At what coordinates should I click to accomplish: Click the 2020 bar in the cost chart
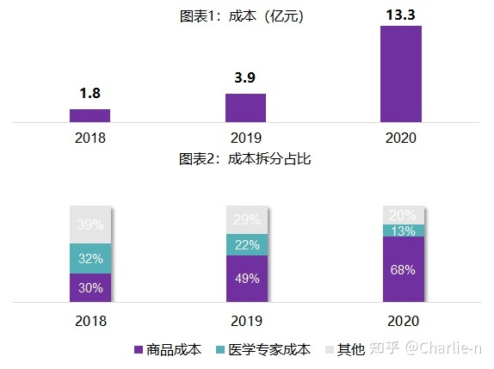tap(401, 74)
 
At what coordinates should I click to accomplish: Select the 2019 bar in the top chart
tap(245, 108)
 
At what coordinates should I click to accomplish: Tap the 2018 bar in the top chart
tap(90, 115)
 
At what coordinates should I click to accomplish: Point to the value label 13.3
tap(401, 13)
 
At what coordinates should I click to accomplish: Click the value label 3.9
tap(245, 78)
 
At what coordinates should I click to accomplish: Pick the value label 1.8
tap(90, 94)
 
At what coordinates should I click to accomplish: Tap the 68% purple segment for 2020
tap(401, 269)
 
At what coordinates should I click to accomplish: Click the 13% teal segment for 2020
tap(401, 230)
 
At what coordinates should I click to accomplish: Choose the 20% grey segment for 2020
tap(401, 215)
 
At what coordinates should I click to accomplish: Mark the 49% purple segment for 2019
tap(245, 279)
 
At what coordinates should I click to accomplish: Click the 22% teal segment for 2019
tap(245, 245)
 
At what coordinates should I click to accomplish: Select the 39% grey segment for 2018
tap(90, 224)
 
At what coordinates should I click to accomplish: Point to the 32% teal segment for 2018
tap(90, 258)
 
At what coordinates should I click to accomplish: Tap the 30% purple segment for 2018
tap(90, 288)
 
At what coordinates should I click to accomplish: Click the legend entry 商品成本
tap(168, 349)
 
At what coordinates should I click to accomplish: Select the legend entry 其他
tap(343, 349)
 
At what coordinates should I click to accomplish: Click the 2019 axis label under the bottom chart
tap(245, 321)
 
